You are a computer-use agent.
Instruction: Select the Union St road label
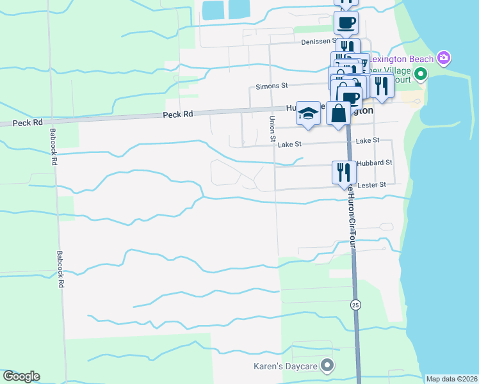click(x=272, y=129)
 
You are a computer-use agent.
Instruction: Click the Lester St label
click(x=373, y=184)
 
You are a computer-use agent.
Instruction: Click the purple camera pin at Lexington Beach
click(x=443, y=58)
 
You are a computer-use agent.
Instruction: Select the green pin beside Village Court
click(x=421, y=74)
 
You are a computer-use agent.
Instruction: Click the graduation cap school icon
click(x=308, y=113)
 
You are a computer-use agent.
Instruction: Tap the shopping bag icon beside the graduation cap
click(x=338, y=113)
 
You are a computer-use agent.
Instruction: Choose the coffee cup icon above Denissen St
click(x=346, y=23)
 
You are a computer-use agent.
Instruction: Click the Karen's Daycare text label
click(x=284, y=366)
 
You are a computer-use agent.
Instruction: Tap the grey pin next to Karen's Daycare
click(x=328, y=366)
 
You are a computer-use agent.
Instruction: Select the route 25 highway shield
click(x=355, y=305)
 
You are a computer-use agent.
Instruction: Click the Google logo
click(x=21, y=376)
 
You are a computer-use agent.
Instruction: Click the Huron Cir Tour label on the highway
click(x=351, y=218)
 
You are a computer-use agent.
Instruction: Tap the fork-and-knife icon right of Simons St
click(x=382, y=86)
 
